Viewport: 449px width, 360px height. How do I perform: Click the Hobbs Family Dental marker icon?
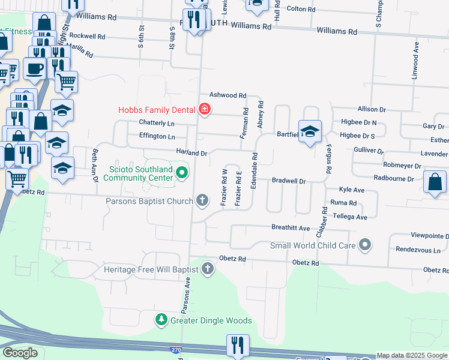(205, 109)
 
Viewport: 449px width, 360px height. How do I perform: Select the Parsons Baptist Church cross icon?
(203, 200)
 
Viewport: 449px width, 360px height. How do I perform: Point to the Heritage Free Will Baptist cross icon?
(208, 268)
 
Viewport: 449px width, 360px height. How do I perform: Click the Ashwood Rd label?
(228, 95)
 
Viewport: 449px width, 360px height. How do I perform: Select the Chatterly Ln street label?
(157, 123)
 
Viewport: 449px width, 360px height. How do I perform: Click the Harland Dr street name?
(191, 153)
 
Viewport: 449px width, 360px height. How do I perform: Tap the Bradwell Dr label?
(289, 181)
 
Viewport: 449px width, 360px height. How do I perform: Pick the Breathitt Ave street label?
(291, 228)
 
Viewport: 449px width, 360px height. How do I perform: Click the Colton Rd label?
(301, 10)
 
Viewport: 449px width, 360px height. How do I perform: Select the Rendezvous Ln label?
(418, 250)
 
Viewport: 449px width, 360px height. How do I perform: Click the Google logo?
(20, 353)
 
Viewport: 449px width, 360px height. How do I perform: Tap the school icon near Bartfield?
(310, 132)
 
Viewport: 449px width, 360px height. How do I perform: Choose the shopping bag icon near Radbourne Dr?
(435, 182)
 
